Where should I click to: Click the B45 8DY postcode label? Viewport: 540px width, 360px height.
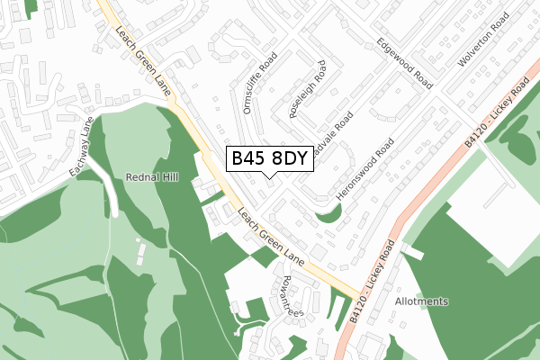tap(270, 159)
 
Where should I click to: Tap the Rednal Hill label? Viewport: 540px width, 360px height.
tap(153, 178)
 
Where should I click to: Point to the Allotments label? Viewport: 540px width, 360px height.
tap(421, 301)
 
